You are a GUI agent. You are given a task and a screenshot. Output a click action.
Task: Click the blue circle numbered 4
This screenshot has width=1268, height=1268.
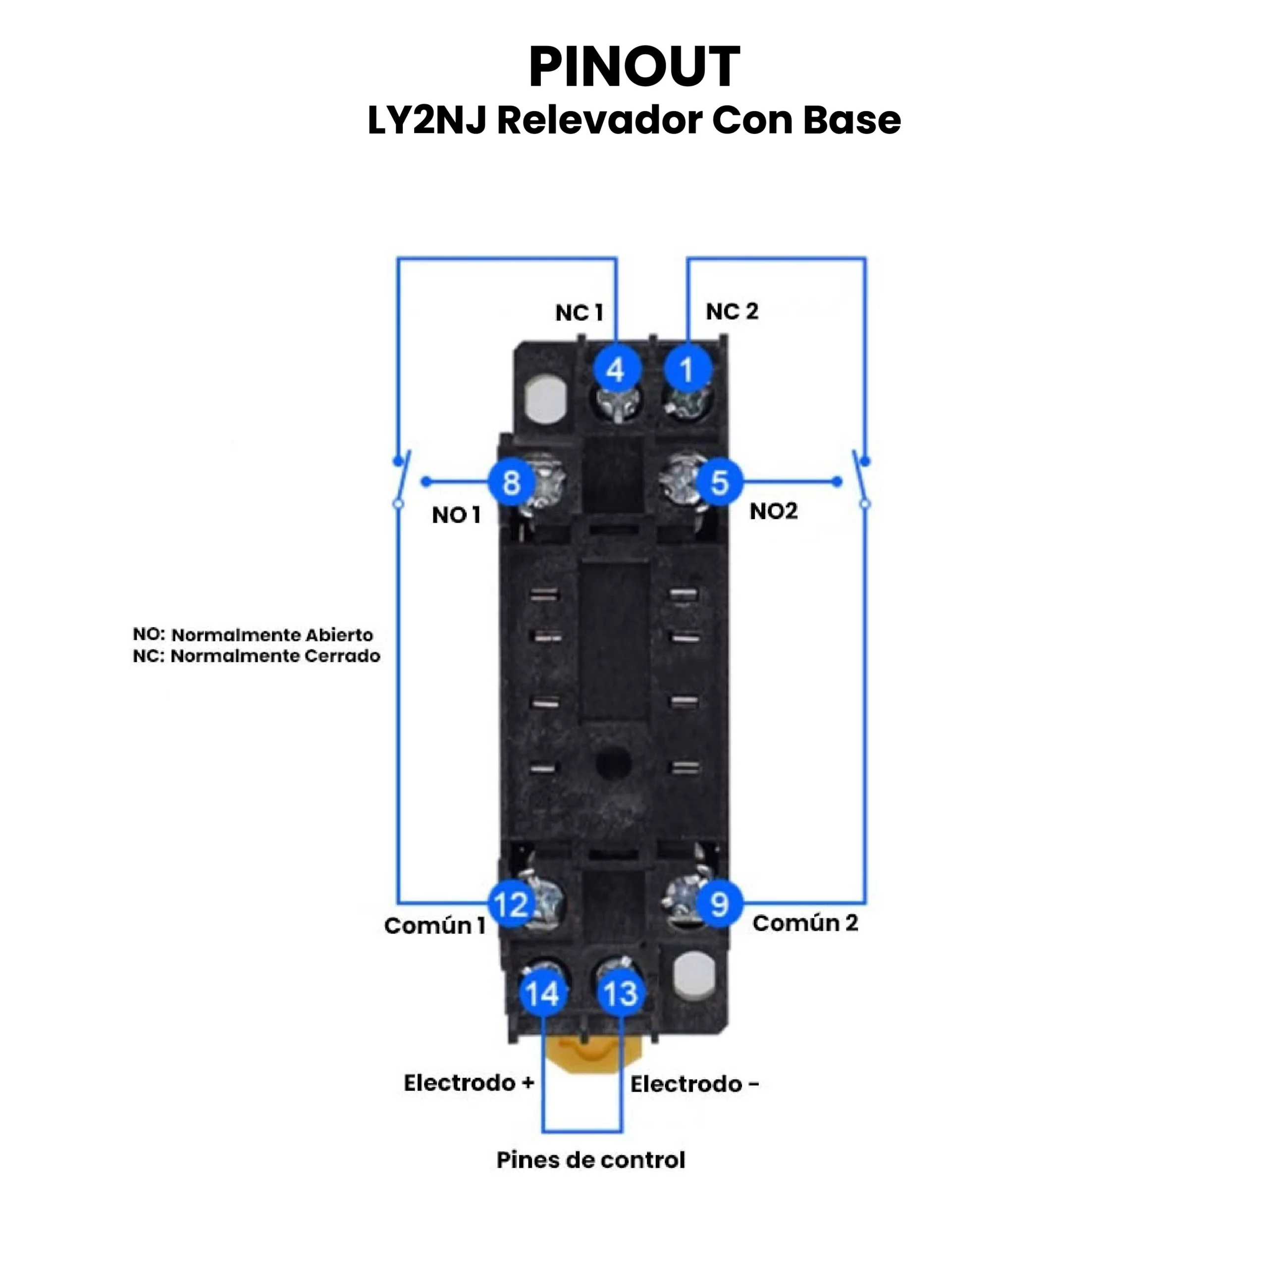pos(616,370)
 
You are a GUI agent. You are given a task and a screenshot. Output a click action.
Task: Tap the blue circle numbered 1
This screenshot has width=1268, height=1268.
pos(687,370)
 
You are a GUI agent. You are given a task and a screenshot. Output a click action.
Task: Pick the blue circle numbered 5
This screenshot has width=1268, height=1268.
pos(719,482)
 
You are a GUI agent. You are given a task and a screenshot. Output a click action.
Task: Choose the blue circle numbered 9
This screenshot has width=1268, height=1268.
pos(719,904)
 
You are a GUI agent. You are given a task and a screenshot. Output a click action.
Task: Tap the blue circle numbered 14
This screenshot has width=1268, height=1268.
pos(543,993)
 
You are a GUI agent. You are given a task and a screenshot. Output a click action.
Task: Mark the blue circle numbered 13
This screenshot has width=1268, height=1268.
pos(620,993)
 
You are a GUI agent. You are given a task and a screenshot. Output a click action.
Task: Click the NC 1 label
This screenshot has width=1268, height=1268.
pos(579,313)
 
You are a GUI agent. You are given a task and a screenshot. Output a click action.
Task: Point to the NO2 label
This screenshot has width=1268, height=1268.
pos(774,511)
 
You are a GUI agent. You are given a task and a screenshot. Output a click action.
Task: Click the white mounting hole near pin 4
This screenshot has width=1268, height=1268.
pos(545,398)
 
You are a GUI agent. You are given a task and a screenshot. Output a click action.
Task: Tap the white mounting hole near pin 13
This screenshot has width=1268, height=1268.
pos(694,976)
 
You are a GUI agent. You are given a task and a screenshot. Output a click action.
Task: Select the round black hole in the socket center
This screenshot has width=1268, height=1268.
pos(614,763)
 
